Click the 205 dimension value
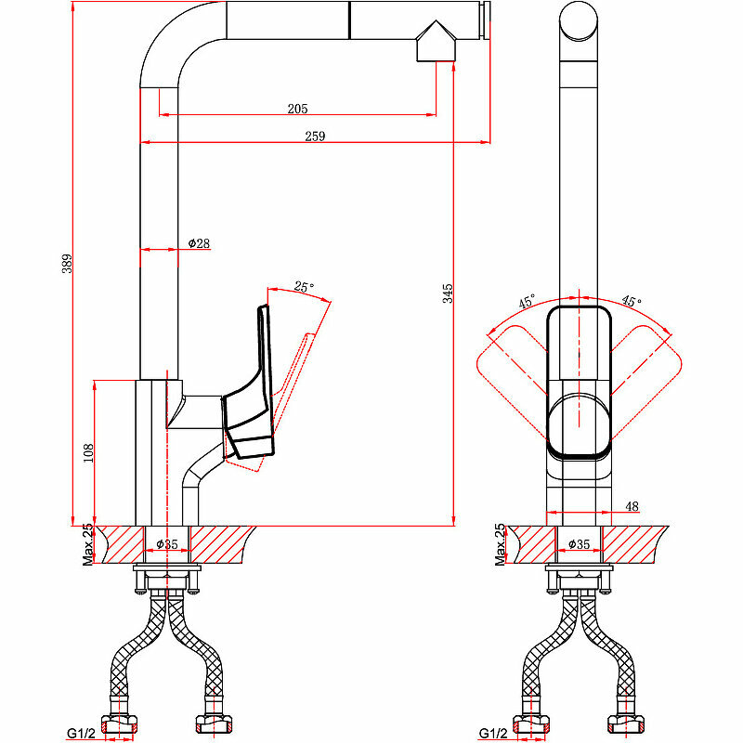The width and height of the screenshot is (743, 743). pyautogui.click(x=297, y=109)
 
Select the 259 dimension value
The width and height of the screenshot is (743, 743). pyautogui.click(x=315, y=137)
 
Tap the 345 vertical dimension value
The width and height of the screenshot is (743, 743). pyautogui.click(x=448, y=294)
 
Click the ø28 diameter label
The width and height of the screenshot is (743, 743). pyautogui.click(x=199, y=243)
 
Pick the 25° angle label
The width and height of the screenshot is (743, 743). pyautogui.click(x=304, y=287)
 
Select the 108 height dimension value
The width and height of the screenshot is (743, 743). pyautogui.click(x=88, y=452)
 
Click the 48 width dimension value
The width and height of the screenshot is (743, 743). pyautogui.click(x=632, y=506)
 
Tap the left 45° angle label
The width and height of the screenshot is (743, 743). pyautogui.click(x=527, y=302)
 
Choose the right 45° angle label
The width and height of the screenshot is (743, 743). pyautogui.click(x=632, y=302)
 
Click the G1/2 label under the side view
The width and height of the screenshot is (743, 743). pyautogui.click(x=81, y=734)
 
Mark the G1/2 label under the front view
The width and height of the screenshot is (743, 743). pyautogui.click(x=493, y=734)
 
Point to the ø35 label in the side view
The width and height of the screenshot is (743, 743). pyautogui.click(x=167, y=543)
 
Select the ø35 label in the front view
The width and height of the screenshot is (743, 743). pyautogui.click(x=580, y=543)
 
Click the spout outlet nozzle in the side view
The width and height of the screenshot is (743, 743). pyautogui.click(x=436, y=44)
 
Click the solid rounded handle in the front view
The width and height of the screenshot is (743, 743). pyautogui.click(x=580, y=381)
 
